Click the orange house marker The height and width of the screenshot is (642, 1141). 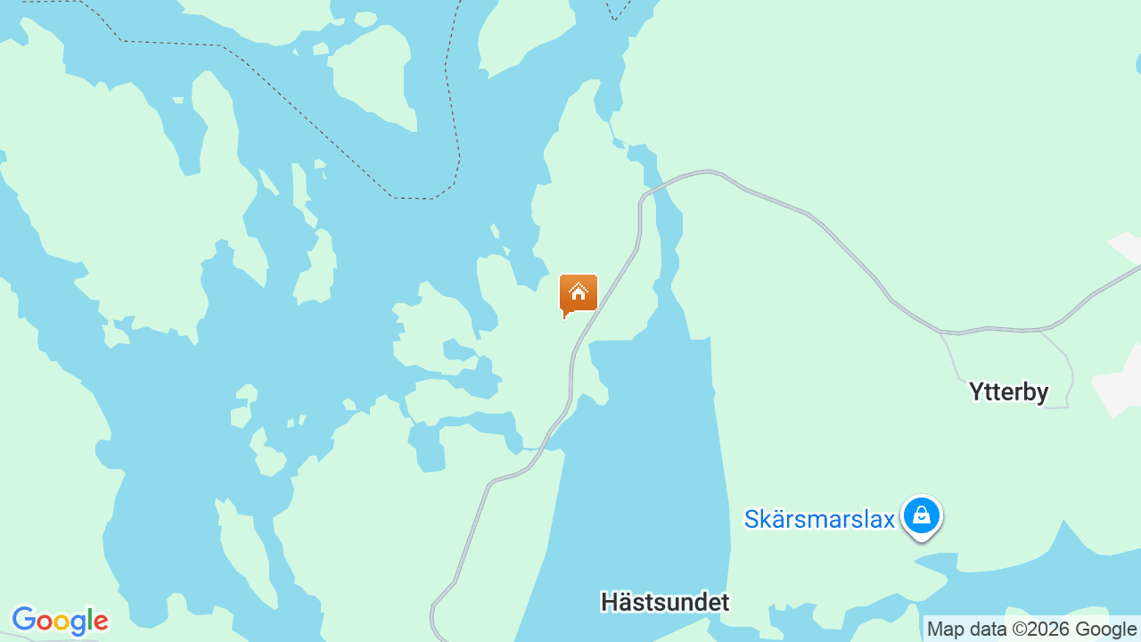(x=579, y=293)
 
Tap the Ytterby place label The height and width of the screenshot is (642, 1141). (x=1008, y=392)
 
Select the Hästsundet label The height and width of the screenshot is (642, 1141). (x=665, y=602)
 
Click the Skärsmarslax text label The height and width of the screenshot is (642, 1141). (x=819, y=519)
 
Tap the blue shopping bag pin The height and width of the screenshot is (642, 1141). (x=922, y=515)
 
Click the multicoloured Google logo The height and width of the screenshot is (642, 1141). (x=60, y=621)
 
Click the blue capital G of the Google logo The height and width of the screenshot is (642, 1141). (x=22, y=620)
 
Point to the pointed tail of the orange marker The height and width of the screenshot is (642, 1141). (x=565, y=316)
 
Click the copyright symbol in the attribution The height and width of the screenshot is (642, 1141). (x=1019, y=630)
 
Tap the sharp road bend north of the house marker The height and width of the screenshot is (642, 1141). (x=642, y=197)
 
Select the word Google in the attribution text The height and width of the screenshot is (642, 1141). (x=1104, y=630)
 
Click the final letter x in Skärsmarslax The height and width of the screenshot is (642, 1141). (x=887, y=520)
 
